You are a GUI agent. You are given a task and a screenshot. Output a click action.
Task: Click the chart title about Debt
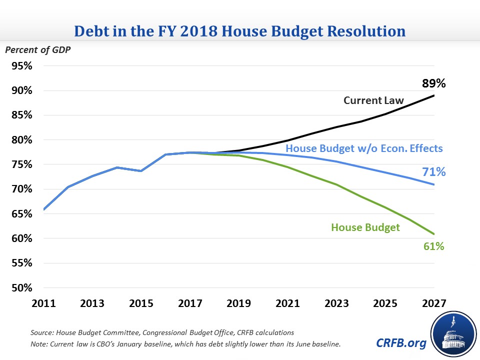coord(240,31)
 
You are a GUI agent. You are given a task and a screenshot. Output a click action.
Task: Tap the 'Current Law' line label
coord(373,100)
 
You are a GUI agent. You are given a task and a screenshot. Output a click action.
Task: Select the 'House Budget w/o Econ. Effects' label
coord(364,148)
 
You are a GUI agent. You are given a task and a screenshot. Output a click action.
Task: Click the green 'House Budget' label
coord(365,227)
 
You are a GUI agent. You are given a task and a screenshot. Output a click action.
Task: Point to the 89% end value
coord(433,83)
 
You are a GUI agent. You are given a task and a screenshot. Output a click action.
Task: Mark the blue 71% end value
coord(433,171)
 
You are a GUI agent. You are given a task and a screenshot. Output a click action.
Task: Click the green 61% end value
coord(433,246)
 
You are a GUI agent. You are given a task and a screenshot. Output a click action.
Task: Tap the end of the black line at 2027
coord(433,95)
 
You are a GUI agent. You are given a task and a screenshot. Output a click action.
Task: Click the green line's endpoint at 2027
coord(433,234)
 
